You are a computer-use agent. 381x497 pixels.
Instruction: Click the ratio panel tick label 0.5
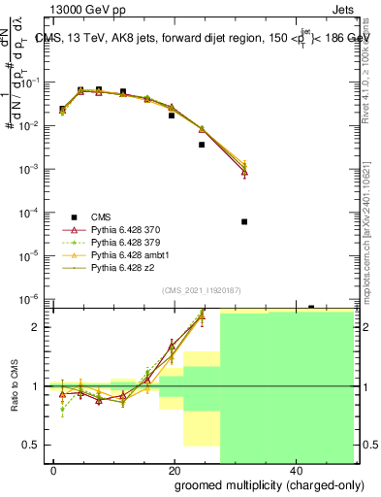[x=30, y=445]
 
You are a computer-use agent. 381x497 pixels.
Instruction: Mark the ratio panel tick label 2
[x=35, y=327]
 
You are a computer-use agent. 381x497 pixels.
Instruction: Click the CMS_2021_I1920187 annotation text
[x=201, y=290]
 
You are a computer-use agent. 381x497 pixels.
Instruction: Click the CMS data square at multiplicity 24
[x=202, y=145]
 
